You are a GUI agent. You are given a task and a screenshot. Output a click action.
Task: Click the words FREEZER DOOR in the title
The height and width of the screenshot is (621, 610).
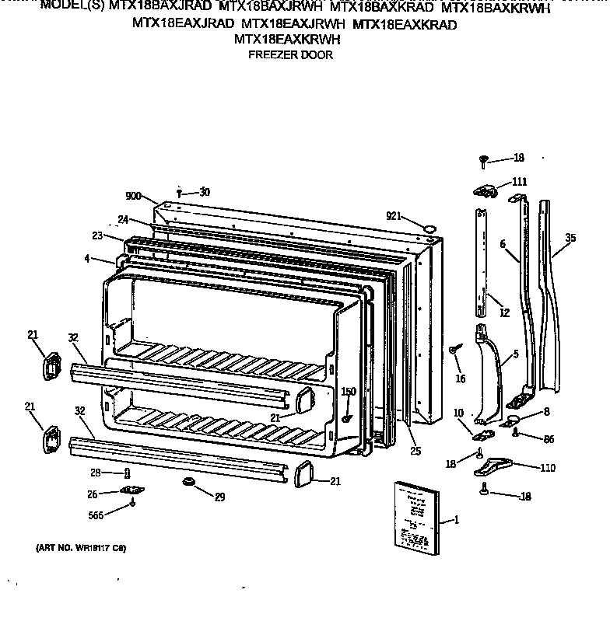pyautogui.click(x=289, y=55)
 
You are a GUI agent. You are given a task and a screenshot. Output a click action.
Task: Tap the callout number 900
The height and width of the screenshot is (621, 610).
pyautogui.click(x=134, y=197)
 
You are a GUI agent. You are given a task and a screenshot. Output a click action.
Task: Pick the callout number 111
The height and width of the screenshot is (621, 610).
pyautogui.click(x=519, y=182)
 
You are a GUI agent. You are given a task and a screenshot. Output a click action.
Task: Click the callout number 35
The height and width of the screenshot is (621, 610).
pyautogui.click(x=570, y=238)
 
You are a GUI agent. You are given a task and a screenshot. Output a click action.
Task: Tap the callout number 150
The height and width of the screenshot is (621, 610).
pyautogui.click(x=349, y=392)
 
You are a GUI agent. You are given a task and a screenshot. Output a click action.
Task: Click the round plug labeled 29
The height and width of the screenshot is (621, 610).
pyautogui.click(x=188, y=483)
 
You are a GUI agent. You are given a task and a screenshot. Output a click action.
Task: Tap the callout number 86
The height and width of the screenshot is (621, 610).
pyautogui.click(x=549, y=439)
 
